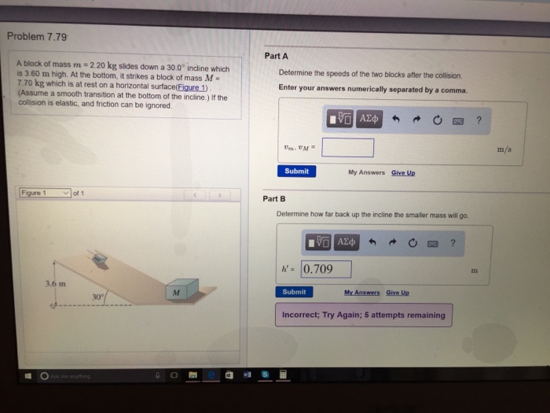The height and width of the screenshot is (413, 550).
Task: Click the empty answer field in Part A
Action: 347,147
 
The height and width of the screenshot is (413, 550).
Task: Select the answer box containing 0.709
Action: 325,270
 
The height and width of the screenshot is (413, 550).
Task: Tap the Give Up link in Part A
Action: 403,171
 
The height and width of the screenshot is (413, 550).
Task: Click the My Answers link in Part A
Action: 365,171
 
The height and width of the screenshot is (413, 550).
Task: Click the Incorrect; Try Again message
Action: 363,315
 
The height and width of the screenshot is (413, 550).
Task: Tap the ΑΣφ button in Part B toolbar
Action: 346,241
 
